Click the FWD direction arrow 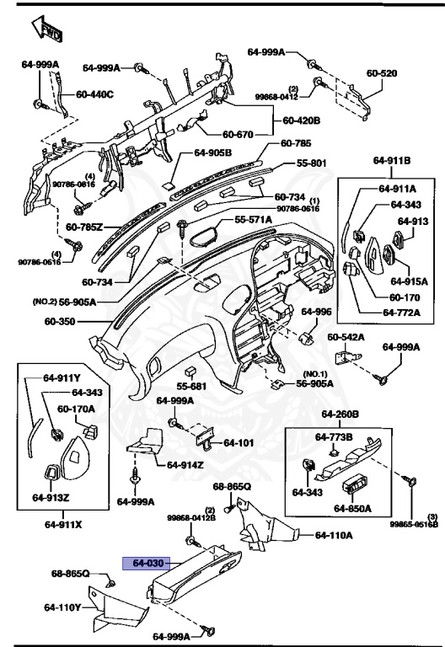click(x=46, y=29)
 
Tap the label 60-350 click(x=60, y=321)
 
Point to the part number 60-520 click(x=382, y=73)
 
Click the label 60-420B click(x=302, y=120)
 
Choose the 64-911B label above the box click(x=392, y=160)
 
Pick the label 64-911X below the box click(x=63, y=525)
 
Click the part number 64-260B click(x=340, y=414)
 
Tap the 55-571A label click(x=253, y=220)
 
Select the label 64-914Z click(x=185, y=465)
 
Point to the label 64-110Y click(x=62, y=607)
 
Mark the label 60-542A click(x=346, y=337)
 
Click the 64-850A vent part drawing click(x=356, y=487)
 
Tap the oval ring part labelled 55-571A click(x=203, y=237)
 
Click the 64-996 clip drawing click(x=305, y=337)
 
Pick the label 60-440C click(x=94, y=94)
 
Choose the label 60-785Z click(x=84, y=227)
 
